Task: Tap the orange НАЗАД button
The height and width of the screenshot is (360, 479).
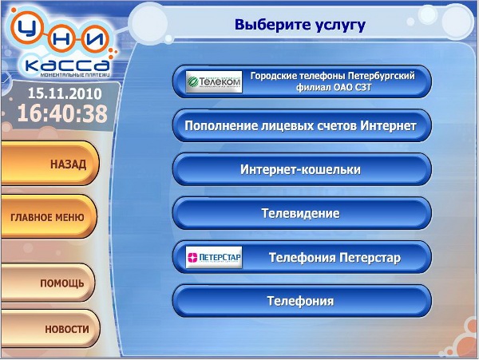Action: [x=49, y=164]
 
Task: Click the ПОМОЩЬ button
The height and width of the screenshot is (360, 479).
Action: [x=47, y=283]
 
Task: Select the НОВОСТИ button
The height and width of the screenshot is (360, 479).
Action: [x=49, y=329]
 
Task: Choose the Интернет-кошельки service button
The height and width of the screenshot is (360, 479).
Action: [x=302, y=169]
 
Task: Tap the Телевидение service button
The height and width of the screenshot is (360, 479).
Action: [x=302, y=213]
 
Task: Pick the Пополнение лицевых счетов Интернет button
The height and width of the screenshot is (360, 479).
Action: [x=302, y=125]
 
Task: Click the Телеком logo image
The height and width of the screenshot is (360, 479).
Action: [x=214, y=81]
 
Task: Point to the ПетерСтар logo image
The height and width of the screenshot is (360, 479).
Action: [x=214, y=257]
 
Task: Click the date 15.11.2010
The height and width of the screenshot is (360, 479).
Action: [x=65, y=93]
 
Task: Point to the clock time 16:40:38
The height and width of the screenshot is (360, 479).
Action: [x=62, y=113]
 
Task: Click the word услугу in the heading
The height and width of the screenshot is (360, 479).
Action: [x=340, y=26]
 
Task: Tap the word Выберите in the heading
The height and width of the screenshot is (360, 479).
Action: [x=272, y=25]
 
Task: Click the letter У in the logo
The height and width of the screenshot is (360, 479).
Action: [x=27, y=28]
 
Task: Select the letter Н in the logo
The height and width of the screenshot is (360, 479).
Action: [x=61, y=39]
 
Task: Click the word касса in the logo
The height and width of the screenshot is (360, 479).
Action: [x=67, y=65]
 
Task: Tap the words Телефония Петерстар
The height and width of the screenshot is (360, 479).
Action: [x=335, y=258]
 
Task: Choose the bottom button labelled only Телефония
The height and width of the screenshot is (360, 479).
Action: [x=302, y=301]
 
